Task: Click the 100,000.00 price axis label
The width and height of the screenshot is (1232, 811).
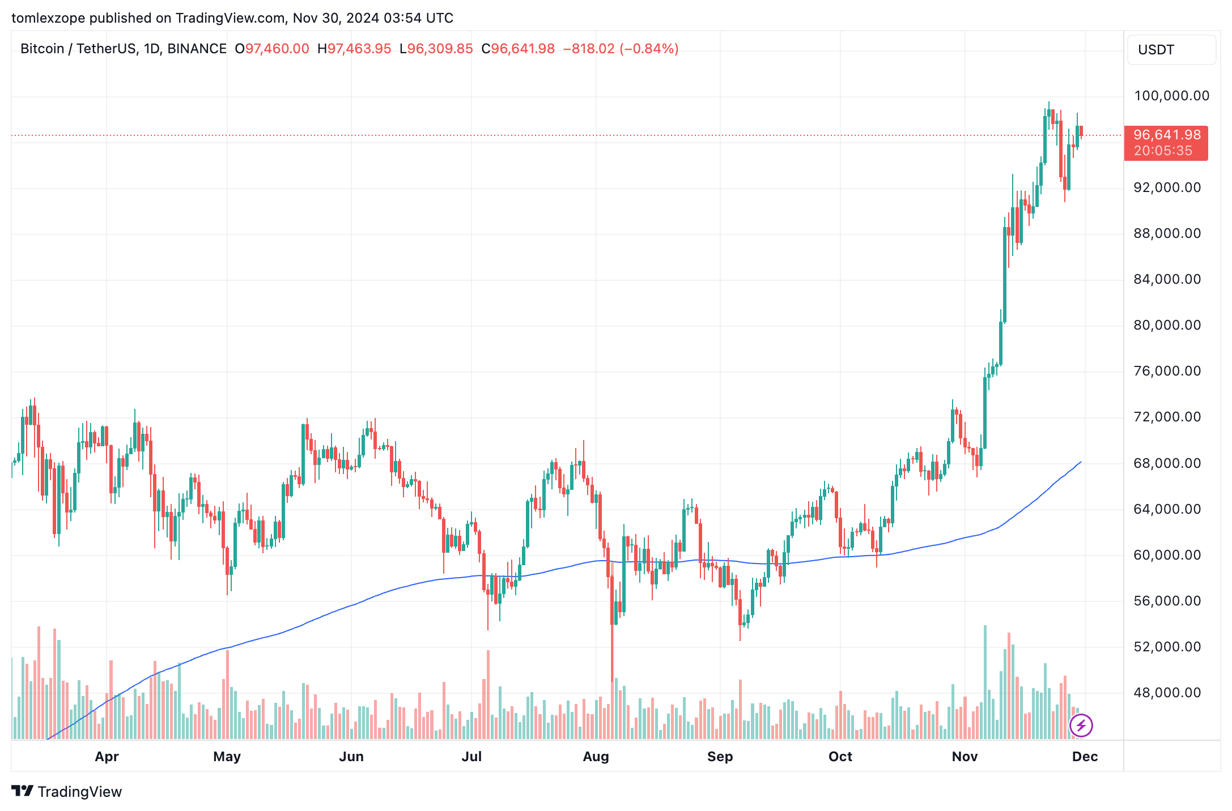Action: [1171, 96]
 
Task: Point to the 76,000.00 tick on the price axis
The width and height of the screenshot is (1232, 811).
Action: [1167, 371]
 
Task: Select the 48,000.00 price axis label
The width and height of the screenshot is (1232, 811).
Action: [1167, 693]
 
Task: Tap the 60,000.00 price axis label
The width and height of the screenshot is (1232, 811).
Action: [1167, 555]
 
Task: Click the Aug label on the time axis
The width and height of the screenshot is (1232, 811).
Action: [596, 757]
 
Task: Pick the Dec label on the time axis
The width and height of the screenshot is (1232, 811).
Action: [1085, 757]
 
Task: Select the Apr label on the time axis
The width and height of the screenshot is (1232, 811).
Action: [107, 757]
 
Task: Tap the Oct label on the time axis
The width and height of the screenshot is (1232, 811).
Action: [840, 757]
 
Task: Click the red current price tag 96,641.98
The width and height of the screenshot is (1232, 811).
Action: [1167, 135]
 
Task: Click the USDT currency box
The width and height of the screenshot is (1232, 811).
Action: [1171, 50]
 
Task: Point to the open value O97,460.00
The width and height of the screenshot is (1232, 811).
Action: [272, 49]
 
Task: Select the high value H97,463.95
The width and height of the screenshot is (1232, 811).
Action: [354, 49]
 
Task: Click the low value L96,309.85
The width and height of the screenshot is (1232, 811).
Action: [436, 49]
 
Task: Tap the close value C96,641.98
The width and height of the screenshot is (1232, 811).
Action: [518, 49]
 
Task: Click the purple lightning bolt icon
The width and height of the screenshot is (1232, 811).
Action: [1081, 725]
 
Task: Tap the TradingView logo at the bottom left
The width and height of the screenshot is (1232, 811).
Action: [67, 791]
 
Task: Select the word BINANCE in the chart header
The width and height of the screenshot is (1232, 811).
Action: [197, 49]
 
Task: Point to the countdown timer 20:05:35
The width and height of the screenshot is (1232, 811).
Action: [1163, 151]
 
